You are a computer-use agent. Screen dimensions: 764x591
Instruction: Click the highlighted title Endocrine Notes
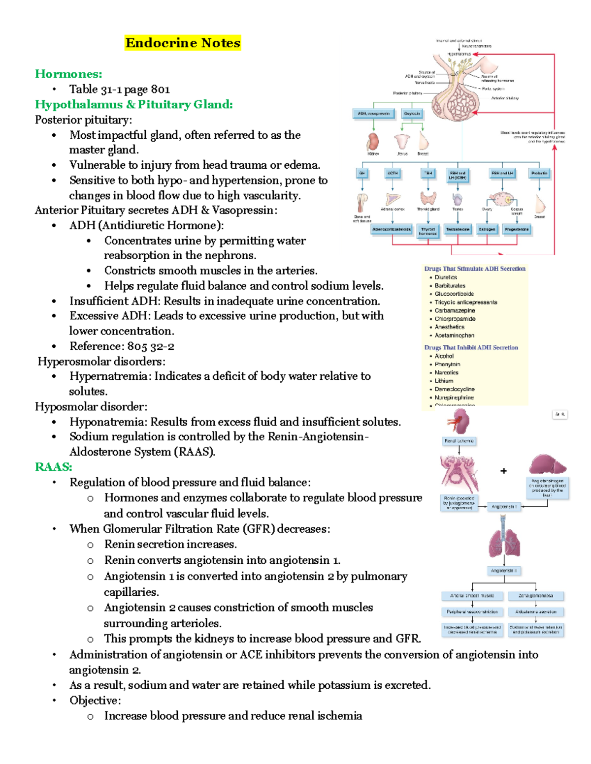(x=183, y=43)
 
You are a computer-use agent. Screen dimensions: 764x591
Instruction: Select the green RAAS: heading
(x=53, y=467)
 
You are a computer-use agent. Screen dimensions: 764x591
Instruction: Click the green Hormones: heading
(x=68, y=74)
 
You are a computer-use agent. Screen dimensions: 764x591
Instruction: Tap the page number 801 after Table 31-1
(x=161, y=90)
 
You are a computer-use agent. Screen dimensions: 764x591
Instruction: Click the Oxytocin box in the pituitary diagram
(x=412, y=114)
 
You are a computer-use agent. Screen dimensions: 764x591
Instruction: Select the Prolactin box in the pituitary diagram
(x=539, y=173)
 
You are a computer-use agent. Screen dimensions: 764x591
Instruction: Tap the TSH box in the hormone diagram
(x=428, y=173)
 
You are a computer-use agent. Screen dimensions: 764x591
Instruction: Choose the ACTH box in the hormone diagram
(x=393, y=173)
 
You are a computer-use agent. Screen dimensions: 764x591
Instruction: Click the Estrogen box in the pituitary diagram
(x=487, y=229)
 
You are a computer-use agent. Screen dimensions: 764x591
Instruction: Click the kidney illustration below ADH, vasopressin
(x=373, y=141)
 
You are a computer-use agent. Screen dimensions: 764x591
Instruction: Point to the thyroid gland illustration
(x=428, y=198)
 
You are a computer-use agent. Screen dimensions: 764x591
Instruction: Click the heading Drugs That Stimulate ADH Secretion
(x=475, y=269)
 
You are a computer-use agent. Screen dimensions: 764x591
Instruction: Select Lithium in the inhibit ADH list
(x=444, y=381)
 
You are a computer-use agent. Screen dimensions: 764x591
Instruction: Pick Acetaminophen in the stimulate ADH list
(x=454, y=336)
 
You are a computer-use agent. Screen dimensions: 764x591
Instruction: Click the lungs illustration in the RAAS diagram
(x=503, y=541)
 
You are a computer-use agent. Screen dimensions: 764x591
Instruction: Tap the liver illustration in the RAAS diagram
(x=547, y=464)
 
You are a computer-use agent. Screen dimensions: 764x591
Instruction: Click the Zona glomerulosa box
(x=535, y=596)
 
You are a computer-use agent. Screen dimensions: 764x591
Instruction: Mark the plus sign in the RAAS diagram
(x=503, y=471)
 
